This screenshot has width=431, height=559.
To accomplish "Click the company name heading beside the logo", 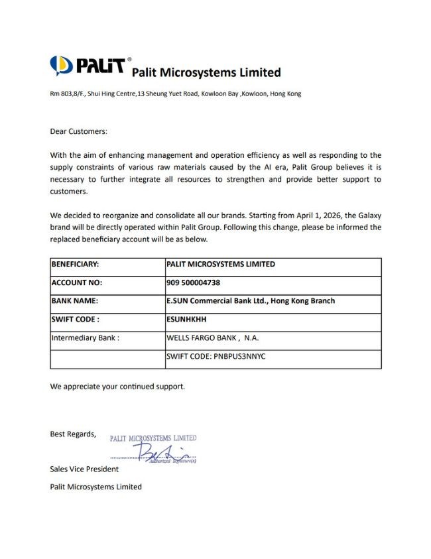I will pyautogui.click(x=206, y=72).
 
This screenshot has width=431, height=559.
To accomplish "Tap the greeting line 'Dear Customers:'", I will pyautogui.click(x=78, y=131).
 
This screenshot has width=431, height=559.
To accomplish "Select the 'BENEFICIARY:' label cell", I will pyautogui.click(x=75, y=264).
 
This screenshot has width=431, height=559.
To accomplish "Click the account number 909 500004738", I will pyautogui.click(x=194, y=282).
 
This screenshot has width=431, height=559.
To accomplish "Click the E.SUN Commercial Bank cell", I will pyautogui.click(x=251, y=300).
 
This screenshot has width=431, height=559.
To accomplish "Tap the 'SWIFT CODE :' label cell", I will pyautogui.click(x=75, y=319).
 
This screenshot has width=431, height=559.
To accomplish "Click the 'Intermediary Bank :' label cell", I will pyautogui.click(x=85, y=338).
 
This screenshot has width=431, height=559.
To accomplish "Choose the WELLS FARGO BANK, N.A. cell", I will pyautogui.click(x=213, y=338).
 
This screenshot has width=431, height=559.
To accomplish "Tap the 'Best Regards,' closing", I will pyautogui.click(x=73, y=434).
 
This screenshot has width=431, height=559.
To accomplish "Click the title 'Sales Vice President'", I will pyautogui.click(x=84, y=469).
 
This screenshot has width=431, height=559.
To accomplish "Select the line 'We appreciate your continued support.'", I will pyautogui.click(x=118, y=385).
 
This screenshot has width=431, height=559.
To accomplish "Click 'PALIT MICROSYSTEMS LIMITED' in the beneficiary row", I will pyautogui.click(x=221, y=264).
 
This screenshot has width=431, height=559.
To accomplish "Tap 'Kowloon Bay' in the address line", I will pyautogui.click(x=219, y=93).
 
